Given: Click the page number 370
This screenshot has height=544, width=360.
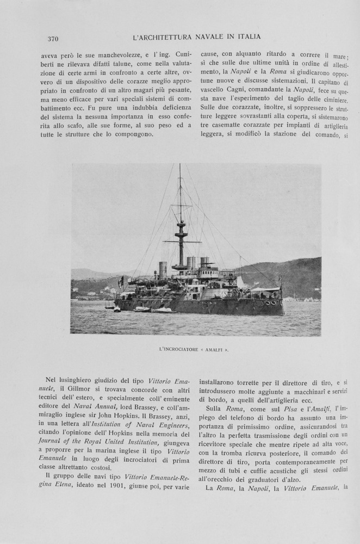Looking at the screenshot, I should [53, 39].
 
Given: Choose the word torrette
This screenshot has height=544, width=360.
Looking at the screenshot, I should [245, 382].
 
